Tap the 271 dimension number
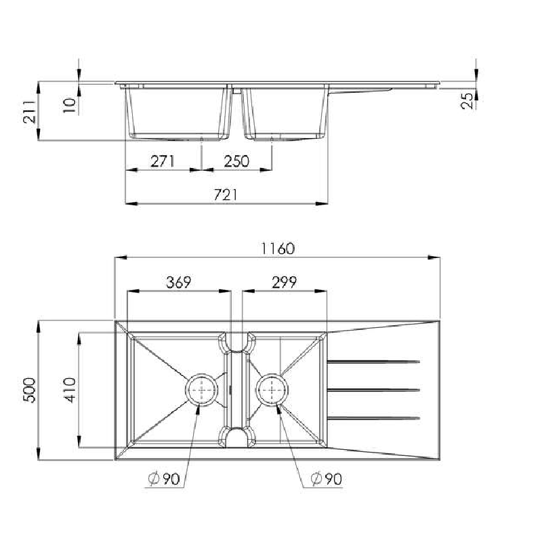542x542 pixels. pyautogui.click(x=163, y=161)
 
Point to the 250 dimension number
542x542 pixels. pyautogui.click(x=236, y=161)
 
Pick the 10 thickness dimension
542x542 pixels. pyautogui.click(x=68, y=104)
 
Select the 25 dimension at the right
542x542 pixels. pyautogui.click(x=466, y=101)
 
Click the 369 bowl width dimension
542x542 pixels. pyautogui.click(x=178, y=283)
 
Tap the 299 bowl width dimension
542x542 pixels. pyautogui.click(x=283, y=283)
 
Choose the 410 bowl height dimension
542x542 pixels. pyautogui.click(x=70, y=390)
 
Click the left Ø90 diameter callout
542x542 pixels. pyautogui.click(x=163, y=479)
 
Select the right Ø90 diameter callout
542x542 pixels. pyautogui.click(x=326, y=479)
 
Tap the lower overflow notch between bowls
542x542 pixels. pyautogui.click(x=236, y=438)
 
